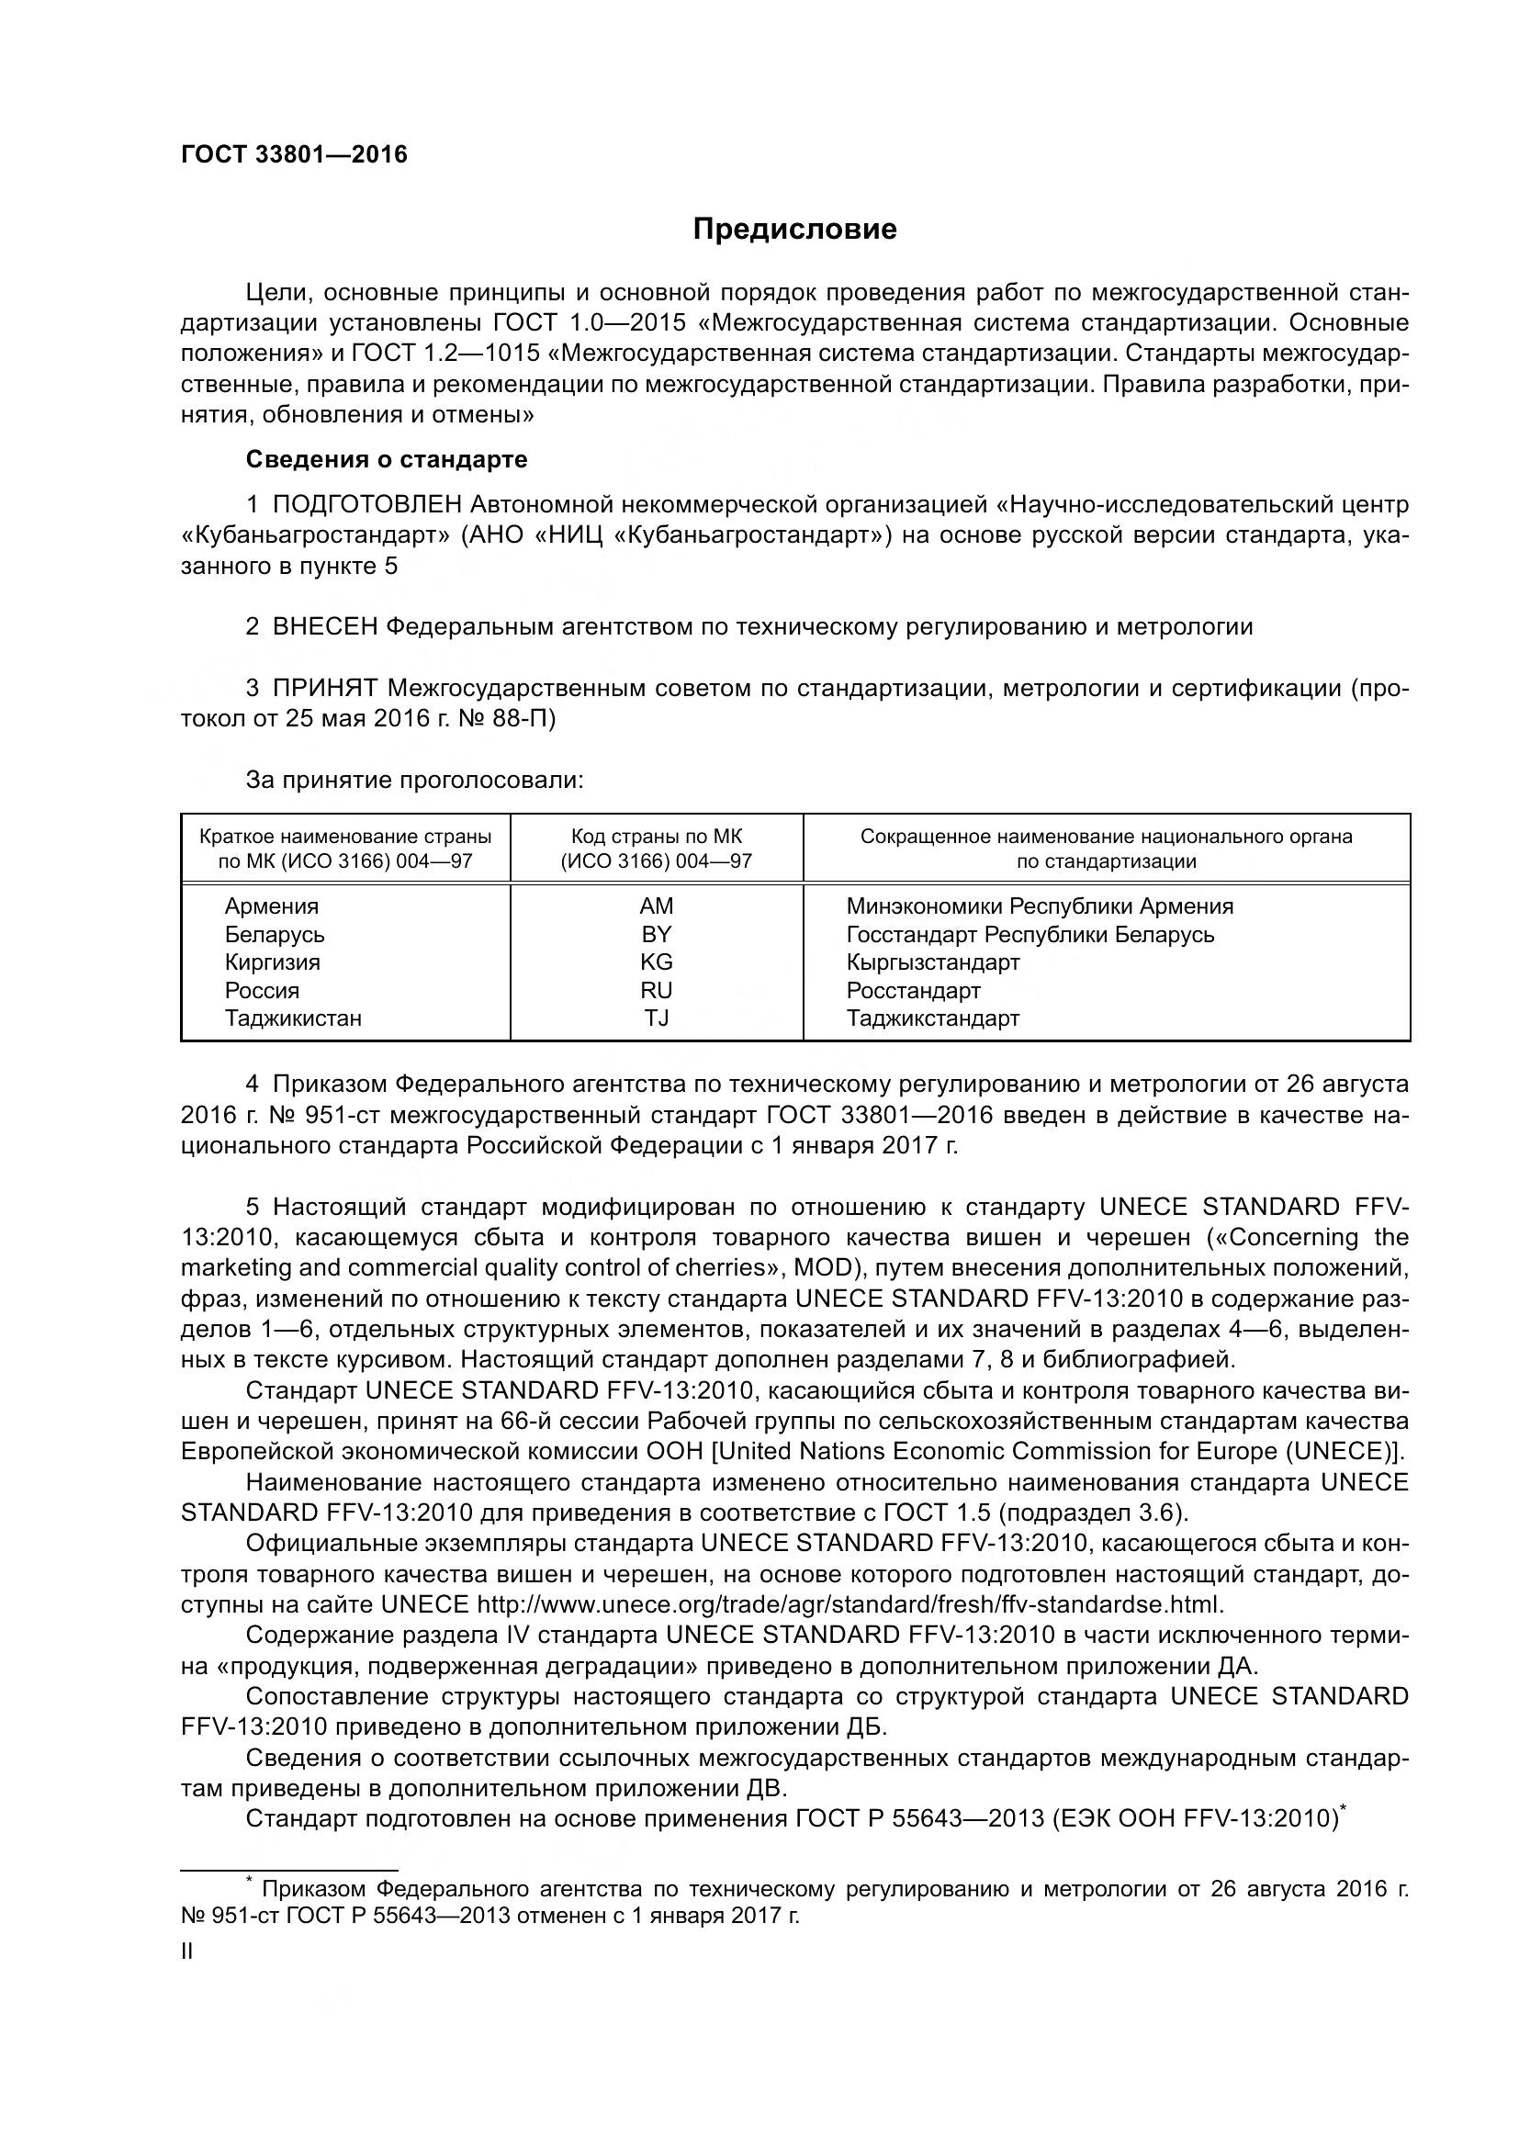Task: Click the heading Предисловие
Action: (794, 230)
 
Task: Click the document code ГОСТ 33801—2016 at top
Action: (294, 155)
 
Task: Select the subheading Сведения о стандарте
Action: (387, 459)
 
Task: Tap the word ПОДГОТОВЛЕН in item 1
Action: (366, 505)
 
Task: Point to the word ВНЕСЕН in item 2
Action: (324, 627)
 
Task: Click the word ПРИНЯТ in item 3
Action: (324, 689)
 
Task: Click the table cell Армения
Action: (271, 905)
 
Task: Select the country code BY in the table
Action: (656, 934)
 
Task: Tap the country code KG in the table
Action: (656, 962)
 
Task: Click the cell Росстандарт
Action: (913, 990)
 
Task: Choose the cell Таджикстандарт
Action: (931, 1018)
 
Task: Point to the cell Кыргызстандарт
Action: (931, 962)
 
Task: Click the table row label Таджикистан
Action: (293, 1018)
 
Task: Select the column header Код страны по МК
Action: (656, 837)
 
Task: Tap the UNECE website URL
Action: (850, 1605)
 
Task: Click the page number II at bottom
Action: (187, 1951)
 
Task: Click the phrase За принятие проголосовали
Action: (414, 781)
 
